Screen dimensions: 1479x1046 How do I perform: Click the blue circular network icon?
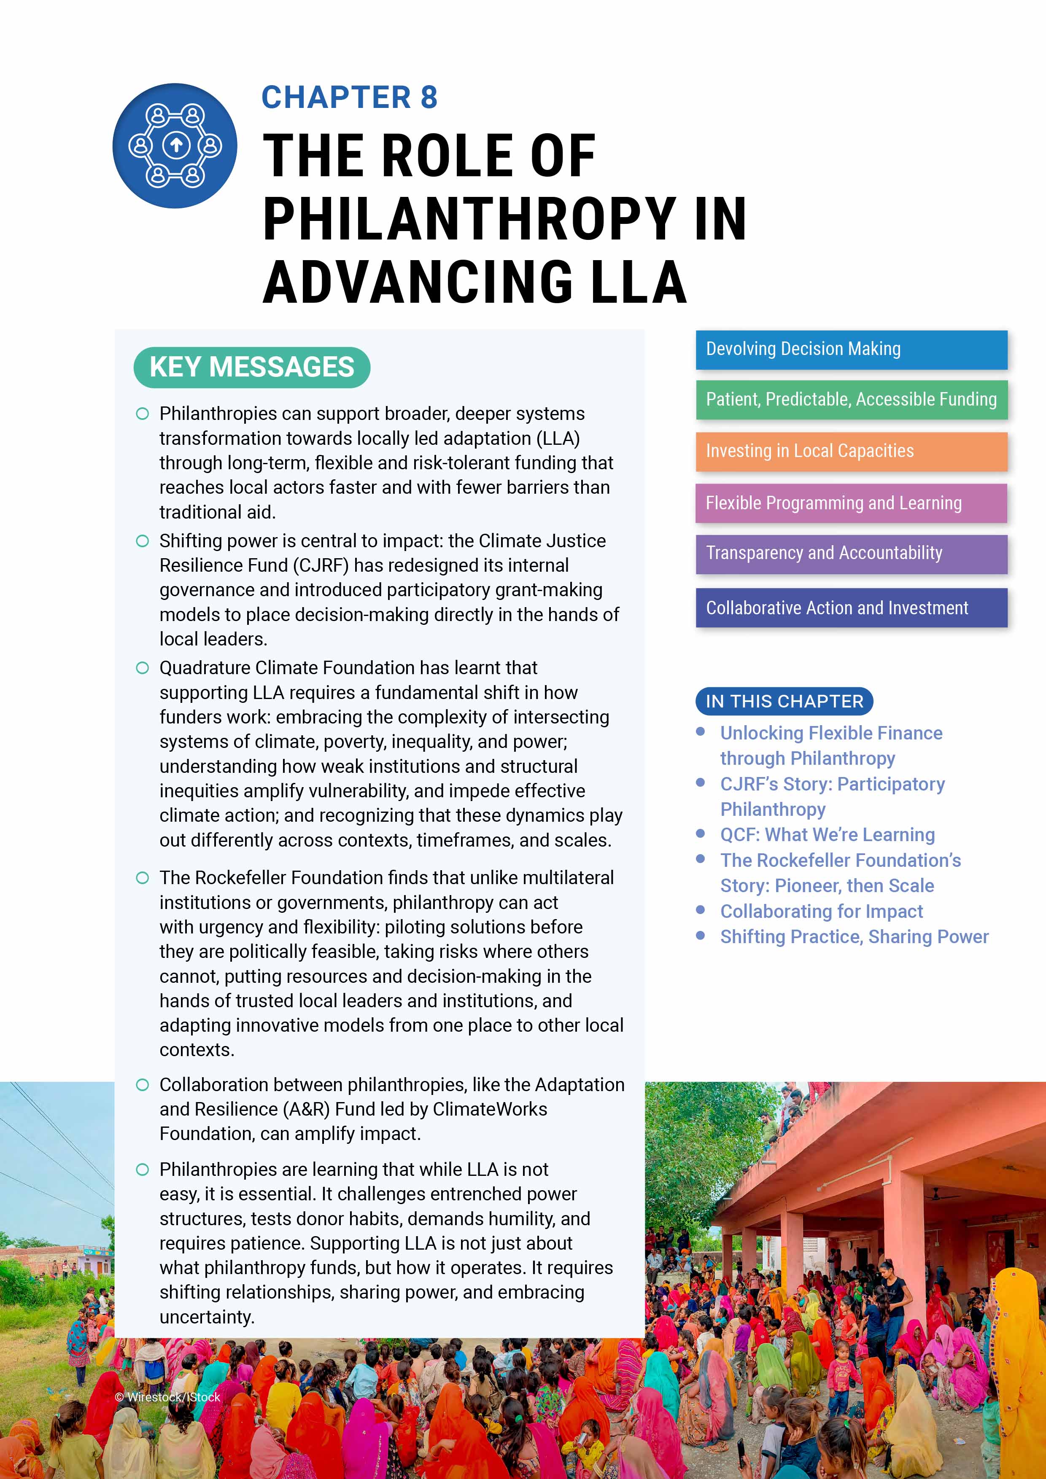tap(175, 145)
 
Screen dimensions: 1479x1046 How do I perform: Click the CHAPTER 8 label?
tap(349, 98)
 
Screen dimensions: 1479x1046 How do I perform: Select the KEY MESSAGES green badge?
tap(252, 367)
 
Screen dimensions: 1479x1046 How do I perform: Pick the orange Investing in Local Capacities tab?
tap(851, 452)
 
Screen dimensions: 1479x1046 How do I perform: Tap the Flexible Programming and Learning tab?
tap(851, 503)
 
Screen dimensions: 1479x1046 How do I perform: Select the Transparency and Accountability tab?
tap(851, 553)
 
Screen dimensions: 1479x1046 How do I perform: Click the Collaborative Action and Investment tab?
tap(851, 608)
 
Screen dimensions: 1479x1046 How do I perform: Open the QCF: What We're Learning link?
tap(827, 835)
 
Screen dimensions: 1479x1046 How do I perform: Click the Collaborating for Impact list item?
tap(821, 912)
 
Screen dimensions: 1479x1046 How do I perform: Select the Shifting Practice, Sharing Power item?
tap(854, 937)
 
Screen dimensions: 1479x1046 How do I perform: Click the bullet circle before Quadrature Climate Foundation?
tap(143, 668)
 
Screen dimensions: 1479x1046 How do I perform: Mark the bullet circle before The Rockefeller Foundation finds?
tap(143, 878)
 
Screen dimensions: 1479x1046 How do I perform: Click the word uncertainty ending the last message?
tap(206, 1317)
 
